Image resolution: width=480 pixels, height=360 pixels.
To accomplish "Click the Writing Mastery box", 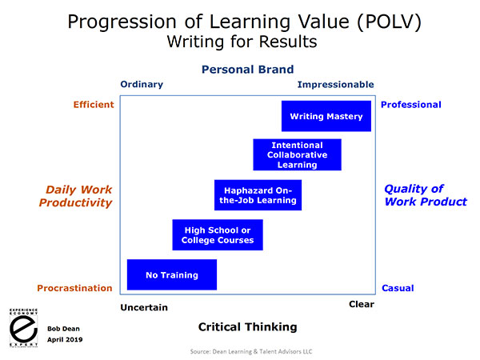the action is (x=326, y=116).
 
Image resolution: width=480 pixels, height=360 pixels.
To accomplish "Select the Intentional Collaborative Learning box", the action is (x=298, y=154).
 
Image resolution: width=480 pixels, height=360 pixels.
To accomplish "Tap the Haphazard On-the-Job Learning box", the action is (x=258, y=195).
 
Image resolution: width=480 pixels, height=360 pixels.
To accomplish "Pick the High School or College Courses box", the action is (x=218, y=234).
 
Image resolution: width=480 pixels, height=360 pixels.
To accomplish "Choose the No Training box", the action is (x=172, y=274).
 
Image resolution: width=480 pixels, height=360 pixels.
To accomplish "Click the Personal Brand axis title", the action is (x=248, y=70).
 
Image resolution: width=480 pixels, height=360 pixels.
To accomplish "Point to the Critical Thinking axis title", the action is (x=248, y=327).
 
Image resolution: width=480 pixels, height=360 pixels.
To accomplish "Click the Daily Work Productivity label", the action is (x=76, y=196).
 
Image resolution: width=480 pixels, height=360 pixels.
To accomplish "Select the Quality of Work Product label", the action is (x=426, y=195).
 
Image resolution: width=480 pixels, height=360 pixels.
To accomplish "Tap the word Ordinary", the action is (x=142, y=84).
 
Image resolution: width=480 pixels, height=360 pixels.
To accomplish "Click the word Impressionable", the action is (x=336, y=85).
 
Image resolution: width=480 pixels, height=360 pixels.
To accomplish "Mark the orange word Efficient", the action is (x=94, y=105).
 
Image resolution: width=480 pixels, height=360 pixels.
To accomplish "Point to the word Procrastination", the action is (x=74, y=288).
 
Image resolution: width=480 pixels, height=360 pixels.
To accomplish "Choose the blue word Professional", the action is (x=411, y=105).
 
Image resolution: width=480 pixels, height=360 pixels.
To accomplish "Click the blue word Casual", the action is (x=398, y=288).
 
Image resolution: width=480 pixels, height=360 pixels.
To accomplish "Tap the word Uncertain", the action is (x=144, y=307).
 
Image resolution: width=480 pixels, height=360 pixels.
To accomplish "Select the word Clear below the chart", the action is (x=362, y=304).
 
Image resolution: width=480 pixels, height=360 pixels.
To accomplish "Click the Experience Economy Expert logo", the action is (x=23, y=328).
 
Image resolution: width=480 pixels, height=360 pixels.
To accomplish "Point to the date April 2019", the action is (x=65, y=339).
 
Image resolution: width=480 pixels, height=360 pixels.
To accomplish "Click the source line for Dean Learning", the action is (x=251, y=351).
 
